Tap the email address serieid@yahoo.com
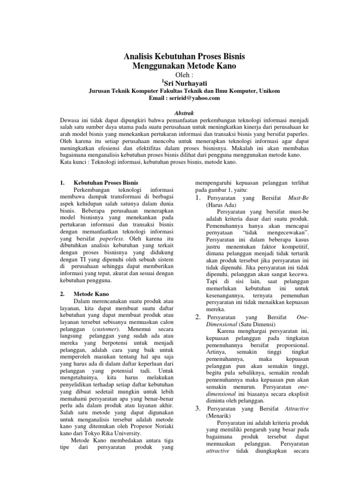(x=194, y=98)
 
